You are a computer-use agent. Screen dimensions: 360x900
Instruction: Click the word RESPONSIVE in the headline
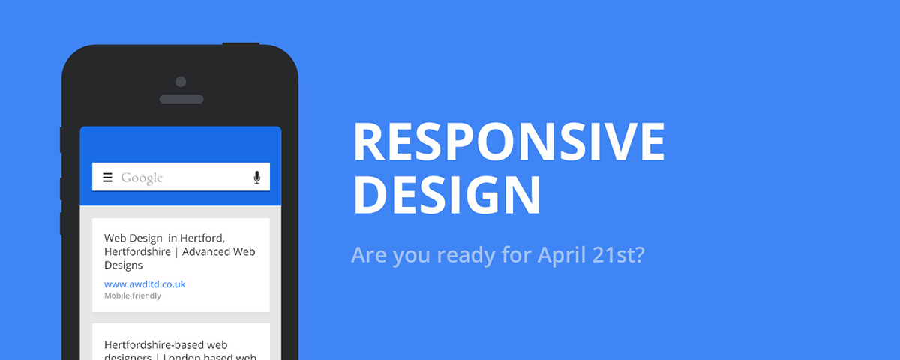pos(508,141)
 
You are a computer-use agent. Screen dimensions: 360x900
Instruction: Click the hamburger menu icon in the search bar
pos(107,178)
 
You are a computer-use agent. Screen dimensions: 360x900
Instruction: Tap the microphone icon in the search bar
pos(256,178)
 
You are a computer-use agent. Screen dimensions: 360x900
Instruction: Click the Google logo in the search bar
pos(142,178)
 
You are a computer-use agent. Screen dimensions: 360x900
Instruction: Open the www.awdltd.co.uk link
pos(145,284)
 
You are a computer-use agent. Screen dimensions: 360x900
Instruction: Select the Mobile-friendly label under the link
pos(133,295)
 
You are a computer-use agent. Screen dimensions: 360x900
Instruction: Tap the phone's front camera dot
pos(180,81)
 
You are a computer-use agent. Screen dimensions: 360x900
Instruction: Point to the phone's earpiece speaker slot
pos(181,99)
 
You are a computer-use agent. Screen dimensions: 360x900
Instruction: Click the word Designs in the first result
pos(124,265)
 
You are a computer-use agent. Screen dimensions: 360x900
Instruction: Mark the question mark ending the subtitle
pos(640,255)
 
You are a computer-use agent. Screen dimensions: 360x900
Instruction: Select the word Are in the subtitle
pos(367,255)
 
